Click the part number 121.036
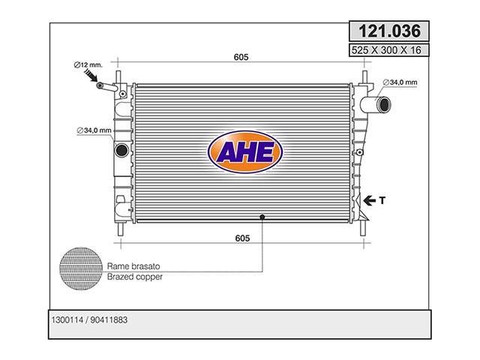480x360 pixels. (389, 31)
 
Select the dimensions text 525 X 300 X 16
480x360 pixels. (386, 50)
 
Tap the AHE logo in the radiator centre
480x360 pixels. (245, 151)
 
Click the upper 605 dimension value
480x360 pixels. (241, 57)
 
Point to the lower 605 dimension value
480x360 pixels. (242, 238)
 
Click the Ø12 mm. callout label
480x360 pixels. (88, 65)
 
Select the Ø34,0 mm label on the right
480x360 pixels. (400, 82)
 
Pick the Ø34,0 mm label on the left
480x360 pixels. (94, 130)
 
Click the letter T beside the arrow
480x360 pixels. (382, 200)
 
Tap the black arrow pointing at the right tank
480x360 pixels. (370, 201)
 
